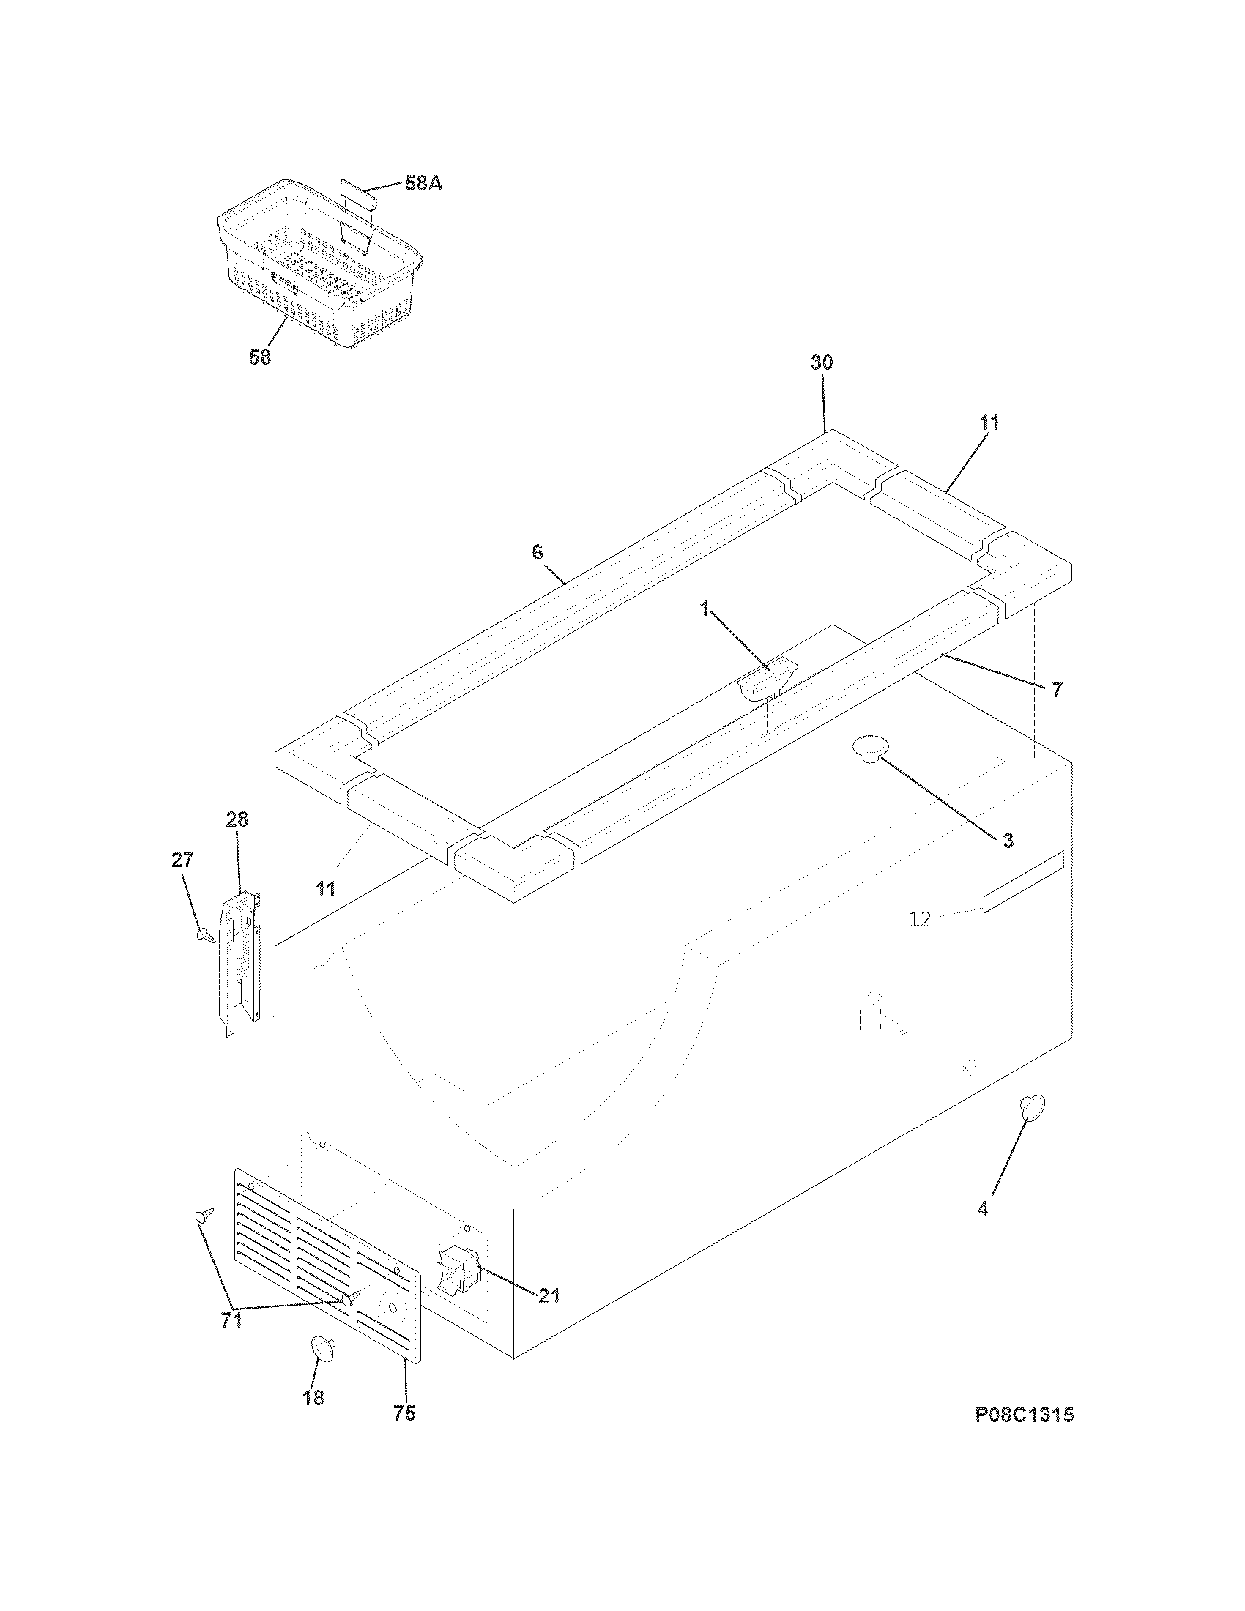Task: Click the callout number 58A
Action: [x=423, y=184]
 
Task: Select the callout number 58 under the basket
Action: [x=260, y=357]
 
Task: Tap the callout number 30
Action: [x=822, y=362]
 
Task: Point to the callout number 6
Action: [x=537, y=551]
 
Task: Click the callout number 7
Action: [x=1056, y=690]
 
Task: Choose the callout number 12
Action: [x=920, y=919]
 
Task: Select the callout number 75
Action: [x=404, y=1413]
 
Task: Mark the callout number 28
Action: [x=237, y=819]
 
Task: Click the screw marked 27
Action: [x=206, y=937]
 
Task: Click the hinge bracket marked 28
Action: [x=241, y=959]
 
